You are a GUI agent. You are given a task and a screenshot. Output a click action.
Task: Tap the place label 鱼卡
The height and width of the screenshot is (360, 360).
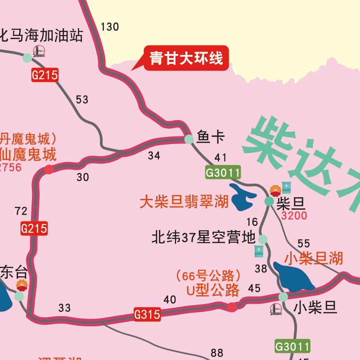click(210, 137)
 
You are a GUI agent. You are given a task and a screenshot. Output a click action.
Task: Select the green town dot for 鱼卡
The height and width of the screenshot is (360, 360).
click(189, 139)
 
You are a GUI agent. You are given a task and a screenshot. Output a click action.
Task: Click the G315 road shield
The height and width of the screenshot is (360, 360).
click(147, 314)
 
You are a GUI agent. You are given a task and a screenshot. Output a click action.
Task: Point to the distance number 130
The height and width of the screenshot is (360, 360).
click(110, 27)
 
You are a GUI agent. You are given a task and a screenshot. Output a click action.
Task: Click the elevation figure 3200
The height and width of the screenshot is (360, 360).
click(294, 216)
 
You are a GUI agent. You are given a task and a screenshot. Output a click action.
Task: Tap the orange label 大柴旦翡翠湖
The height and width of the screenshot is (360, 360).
click(184, 202)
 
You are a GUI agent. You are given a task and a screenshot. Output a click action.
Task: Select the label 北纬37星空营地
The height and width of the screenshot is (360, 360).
click(203, 237)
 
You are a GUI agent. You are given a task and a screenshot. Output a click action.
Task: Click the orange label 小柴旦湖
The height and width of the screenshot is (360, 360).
click(314, 258)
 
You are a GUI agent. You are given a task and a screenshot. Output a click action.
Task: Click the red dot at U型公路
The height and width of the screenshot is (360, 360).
click(232, 307)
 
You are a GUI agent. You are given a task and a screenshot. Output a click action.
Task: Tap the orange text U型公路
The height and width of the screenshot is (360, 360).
click(213, 291)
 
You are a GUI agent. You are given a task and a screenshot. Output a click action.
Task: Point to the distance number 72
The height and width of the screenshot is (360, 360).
click(21, 211)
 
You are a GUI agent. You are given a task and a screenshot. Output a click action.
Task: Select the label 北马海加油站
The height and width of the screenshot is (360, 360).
click(42, 35)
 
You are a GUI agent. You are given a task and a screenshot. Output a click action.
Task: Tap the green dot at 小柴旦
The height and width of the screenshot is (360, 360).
click(283, 297)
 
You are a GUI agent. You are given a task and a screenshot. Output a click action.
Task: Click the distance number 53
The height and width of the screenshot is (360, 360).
click(82, 100)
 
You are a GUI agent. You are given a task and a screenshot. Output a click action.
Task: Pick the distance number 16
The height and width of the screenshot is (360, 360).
click(252, 222)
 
